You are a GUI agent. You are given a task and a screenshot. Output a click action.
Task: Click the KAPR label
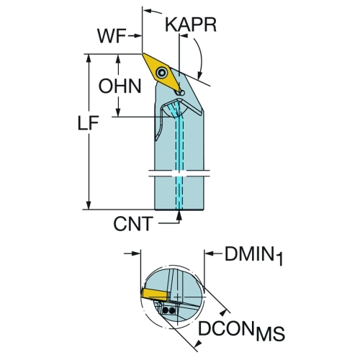point(191,24)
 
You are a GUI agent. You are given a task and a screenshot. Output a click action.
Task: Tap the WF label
point(112,36)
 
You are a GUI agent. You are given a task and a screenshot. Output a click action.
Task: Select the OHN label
point(120,86)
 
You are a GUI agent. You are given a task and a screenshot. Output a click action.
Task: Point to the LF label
point(89,123)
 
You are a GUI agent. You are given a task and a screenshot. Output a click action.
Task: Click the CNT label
point(133,224)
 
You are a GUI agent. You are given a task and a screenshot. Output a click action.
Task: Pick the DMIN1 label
point(254,256)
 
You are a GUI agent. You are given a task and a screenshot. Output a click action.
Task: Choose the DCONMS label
point(241,330)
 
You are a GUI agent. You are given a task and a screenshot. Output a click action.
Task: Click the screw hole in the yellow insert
point(161,72)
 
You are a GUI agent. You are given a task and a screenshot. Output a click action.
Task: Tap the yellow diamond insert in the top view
point(161,73)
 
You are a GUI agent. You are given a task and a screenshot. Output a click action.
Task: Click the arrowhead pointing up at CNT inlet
point(179,215)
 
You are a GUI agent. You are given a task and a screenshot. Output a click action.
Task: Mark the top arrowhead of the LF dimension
point(89,58)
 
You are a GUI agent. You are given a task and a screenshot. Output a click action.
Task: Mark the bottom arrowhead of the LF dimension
point(89,204)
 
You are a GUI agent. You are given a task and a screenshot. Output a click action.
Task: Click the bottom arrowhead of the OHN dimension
point(118,112)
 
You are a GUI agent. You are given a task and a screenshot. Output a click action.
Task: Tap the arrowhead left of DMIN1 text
point(209,253)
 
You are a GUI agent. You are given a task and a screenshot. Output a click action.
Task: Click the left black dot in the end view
point(166,311)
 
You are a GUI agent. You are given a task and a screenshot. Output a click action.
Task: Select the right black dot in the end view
point(171,311)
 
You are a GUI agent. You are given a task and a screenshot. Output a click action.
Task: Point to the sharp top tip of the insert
point(143,54)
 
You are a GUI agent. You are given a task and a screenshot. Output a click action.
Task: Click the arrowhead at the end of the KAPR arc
point(199,75)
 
